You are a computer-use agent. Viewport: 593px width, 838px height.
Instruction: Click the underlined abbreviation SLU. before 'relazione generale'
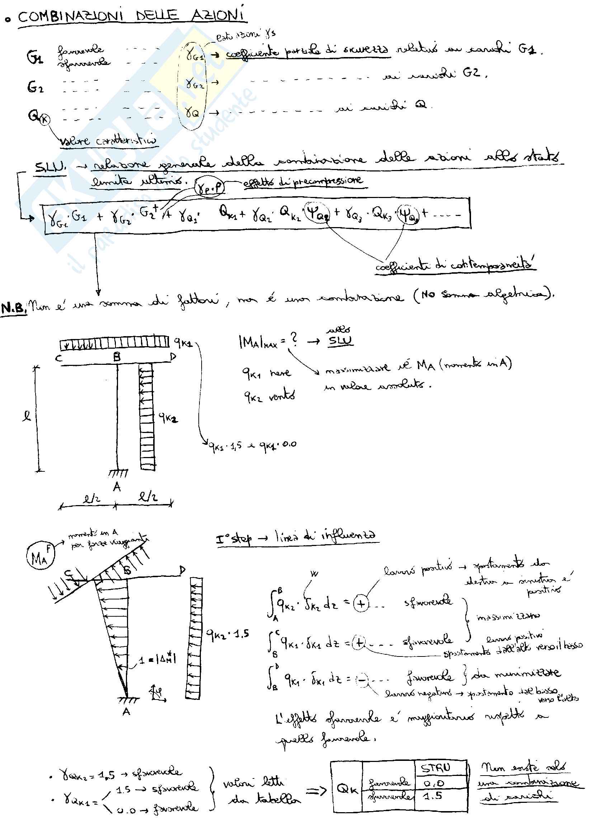point(50,167)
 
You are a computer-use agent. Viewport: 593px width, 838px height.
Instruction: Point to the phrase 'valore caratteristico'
point(108,141)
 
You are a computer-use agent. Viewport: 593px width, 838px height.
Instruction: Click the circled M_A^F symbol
point(40,556)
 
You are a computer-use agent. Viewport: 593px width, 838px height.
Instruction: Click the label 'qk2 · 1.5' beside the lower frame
point(228,634)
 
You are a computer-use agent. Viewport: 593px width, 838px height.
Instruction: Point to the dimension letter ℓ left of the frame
point(27,416)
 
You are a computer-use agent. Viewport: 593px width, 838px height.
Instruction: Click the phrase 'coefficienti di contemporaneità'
point(455,265)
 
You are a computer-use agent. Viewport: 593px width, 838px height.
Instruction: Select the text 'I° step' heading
point(234,538)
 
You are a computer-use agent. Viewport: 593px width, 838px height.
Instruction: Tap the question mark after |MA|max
point(293,340)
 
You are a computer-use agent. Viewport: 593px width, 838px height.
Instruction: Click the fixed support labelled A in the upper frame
point(118,474)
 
